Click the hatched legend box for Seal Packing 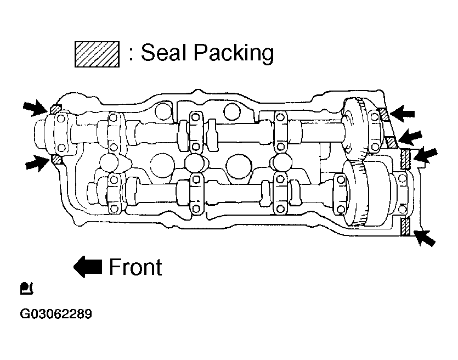(97, 54)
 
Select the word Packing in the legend (234, 53)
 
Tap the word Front (135, 267)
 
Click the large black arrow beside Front (87, 267)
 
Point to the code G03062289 (56, 314)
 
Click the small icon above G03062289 (26, 289)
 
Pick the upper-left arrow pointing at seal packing (36, 107)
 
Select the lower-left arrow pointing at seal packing (37, 163)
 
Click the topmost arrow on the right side (402, 114)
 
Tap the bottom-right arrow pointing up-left (425, 238)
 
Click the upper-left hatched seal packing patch (55, 110)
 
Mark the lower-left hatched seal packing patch (56, 160)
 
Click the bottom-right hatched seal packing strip (406, 227)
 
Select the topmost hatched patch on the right (384, 114)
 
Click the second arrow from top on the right (410, 137)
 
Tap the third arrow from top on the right (425, 155)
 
